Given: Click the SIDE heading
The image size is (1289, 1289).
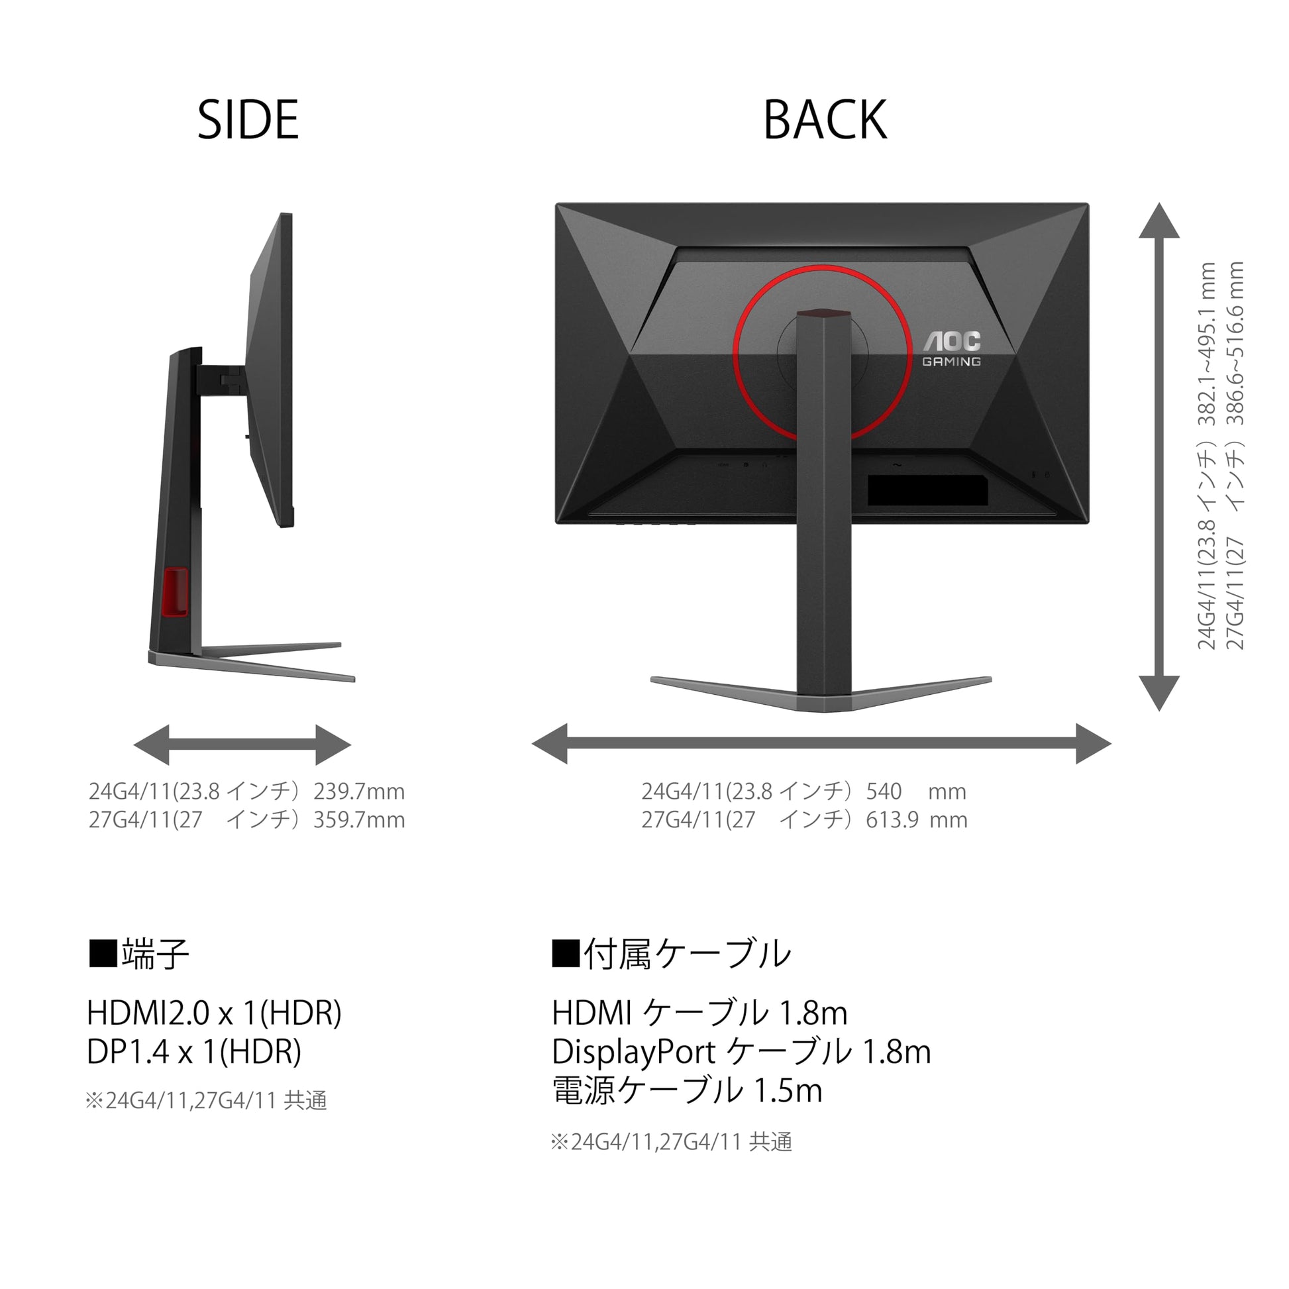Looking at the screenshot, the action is point(248,120).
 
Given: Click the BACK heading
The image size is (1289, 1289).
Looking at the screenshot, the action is point(825,120).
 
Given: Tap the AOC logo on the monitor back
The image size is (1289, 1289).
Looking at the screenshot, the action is point(952,341).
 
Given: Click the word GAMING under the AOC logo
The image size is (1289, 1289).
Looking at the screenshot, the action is point(951,362).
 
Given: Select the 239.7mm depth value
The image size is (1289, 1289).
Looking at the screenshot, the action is point(359,792).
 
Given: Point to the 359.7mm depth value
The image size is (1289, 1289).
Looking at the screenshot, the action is point(359,819).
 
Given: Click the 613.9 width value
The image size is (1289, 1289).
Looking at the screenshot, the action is point(892,819).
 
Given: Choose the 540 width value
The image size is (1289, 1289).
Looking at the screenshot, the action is point(884,792).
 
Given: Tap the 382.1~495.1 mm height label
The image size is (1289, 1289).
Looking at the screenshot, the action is point(1207,344).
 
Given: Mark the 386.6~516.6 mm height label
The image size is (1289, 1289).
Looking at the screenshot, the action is point(1235,344).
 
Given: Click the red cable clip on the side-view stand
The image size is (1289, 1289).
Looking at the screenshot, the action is point(176,592).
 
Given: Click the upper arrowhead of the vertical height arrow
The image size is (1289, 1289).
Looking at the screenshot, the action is point(1159,221).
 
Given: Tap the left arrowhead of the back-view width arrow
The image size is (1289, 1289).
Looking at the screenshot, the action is point(550,743).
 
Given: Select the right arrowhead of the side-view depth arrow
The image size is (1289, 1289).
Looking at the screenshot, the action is point(334,745).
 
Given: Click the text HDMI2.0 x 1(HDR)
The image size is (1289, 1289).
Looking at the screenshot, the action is point(214,1013).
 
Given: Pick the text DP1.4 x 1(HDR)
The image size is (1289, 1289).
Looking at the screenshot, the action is point(194,1051).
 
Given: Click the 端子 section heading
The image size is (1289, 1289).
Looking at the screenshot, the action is point(140,953).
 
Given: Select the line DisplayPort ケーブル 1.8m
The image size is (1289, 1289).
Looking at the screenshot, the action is point(741,1052).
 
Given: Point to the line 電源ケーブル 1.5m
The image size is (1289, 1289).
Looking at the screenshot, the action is point(687,1091).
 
